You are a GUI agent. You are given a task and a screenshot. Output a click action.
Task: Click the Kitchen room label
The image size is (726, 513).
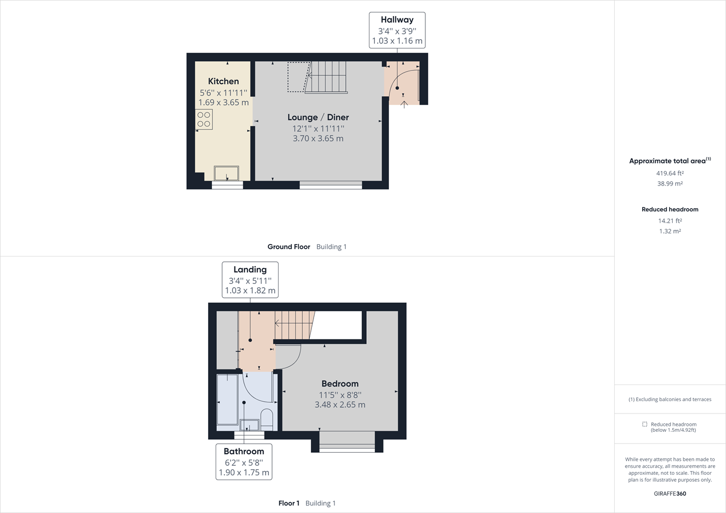[x=223, y=81]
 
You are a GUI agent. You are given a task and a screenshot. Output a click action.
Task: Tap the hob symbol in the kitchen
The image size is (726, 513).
[x=204, y=119]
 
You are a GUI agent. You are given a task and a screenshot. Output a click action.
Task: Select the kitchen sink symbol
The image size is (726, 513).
[x=226, y=173]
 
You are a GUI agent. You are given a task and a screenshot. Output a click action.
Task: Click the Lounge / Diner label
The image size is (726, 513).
[x=318, y=117]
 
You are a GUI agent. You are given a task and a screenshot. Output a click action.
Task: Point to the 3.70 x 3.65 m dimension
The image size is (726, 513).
[x=318, y=138]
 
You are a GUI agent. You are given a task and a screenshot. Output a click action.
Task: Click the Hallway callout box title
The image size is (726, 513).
[x=397, y=20]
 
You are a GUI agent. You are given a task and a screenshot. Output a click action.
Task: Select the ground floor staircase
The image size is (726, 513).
[x=326, y=77]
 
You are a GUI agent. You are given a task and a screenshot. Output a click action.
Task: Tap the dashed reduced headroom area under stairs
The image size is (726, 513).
[x=297, y=77]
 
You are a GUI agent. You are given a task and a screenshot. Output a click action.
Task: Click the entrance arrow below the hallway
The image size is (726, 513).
[x=404, y=104]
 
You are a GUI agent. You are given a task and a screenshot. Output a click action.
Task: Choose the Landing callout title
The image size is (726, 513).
[x=250, y=269]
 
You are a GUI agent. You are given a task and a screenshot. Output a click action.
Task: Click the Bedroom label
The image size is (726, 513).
[x=340, y=383]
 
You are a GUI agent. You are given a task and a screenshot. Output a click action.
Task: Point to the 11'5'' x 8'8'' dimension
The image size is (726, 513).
[x=340, y=395]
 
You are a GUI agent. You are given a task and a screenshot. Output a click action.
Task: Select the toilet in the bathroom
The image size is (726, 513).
[x=267, y=419]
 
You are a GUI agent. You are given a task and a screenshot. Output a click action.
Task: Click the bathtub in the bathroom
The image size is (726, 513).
[x=227, y=400]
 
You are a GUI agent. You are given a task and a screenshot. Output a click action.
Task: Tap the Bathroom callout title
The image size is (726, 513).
[x=244, y=451]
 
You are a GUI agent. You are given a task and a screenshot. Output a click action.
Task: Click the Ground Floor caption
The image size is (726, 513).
[x=289, y=247]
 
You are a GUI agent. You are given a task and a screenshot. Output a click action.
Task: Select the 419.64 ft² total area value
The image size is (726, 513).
[x=670, y=173]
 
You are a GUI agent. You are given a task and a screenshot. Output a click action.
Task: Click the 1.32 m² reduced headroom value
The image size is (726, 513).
[x=670, y=231]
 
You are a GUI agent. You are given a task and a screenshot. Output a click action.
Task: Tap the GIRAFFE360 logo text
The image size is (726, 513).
[x=670, y=494]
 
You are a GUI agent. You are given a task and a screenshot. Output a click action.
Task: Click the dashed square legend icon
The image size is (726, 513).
[x=644, y=424]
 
